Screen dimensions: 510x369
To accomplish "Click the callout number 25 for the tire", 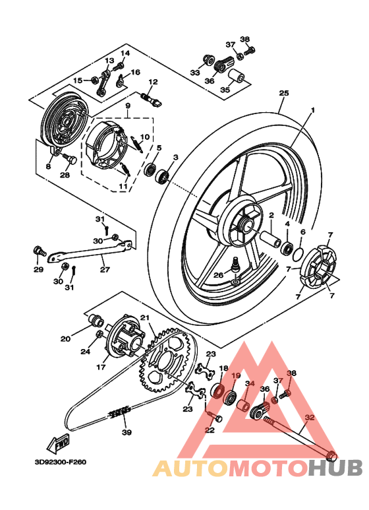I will (x=284, y=93).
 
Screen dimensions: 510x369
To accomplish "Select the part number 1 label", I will (x=313, y=110).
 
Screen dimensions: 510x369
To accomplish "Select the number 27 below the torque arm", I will (x=105, y=269).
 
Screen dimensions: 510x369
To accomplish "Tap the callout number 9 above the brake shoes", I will (x=127, y=106).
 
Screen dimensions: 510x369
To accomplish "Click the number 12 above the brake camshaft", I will (x=152, y=82).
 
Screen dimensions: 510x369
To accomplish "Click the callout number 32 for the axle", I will (x=310, y=417).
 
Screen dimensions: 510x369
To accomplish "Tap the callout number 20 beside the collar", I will (x=65, y=339).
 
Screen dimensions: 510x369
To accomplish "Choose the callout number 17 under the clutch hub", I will (x=102, y=367).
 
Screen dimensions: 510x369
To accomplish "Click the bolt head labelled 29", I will (x=38, y=251).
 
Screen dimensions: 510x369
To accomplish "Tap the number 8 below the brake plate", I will (x=48, y=167).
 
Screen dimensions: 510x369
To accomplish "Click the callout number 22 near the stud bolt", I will (x=210, y=430).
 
